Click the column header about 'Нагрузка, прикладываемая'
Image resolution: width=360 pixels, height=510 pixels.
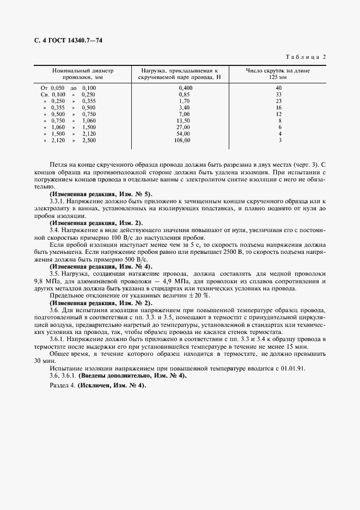pos(180,74)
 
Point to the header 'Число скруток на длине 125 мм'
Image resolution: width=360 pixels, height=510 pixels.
pos(278,74)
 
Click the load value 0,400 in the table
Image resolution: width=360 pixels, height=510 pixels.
pos(185,88)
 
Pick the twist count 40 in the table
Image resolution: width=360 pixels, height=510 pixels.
pos(278,88)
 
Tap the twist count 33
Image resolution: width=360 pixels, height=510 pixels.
pos(278,94)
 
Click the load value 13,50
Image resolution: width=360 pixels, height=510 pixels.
pos(184,120)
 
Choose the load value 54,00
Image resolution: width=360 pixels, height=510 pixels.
pos(184,133)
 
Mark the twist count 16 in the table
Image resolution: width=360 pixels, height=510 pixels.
pos(278,107)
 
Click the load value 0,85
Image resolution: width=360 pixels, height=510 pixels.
pos(185,94)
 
